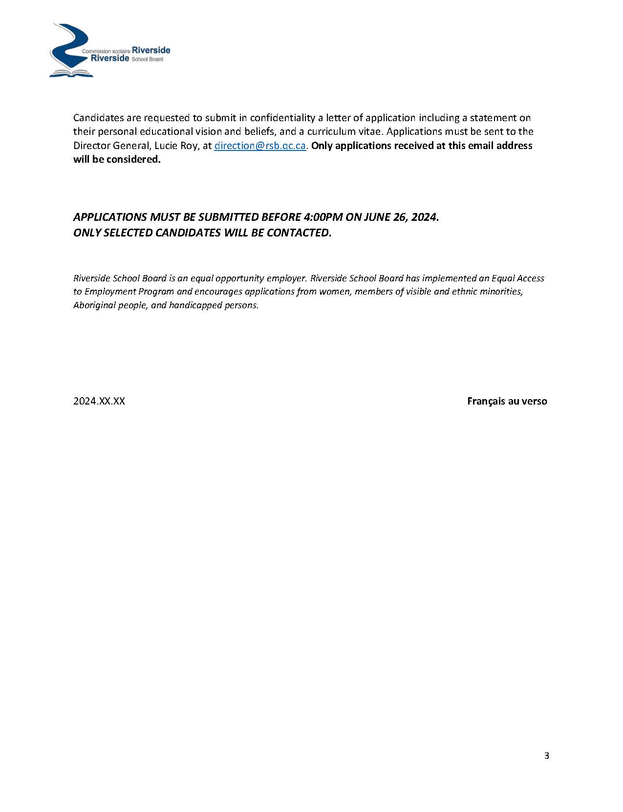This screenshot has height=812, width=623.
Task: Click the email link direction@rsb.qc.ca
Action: point(260,146)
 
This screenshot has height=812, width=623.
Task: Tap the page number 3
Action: point(546,756)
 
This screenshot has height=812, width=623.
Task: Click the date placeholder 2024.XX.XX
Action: point(99,401)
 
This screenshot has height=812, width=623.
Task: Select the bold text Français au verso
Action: point(507,401)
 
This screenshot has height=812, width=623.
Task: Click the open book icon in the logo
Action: point(71,73)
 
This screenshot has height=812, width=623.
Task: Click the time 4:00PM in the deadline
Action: point(323,217)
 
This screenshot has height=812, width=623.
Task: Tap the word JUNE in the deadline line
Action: point(377,217)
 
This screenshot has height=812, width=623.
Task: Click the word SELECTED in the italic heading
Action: point(128,233)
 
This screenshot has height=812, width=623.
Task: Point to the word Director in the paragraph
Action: point(90,146)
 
